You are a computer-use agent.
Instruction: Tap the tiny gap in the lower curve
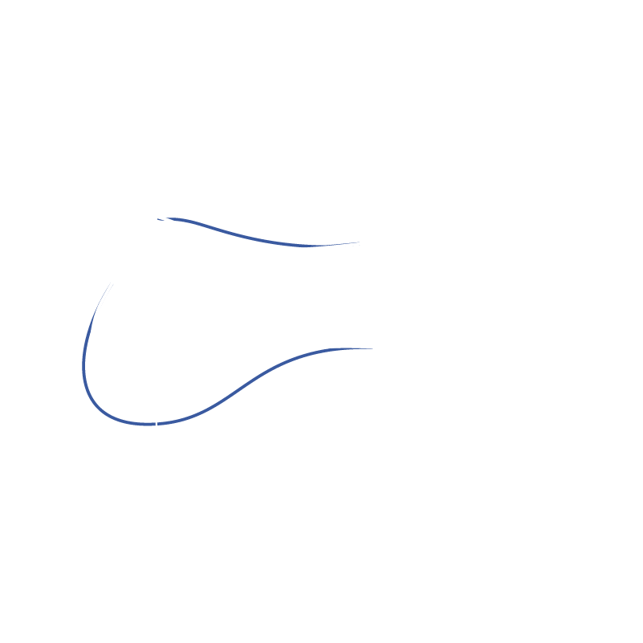click(156, 423)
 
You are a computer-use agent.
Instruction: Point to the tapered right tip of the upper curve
click(357, 242)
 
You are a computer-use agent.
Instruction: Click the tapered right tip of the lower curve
click(371, 348)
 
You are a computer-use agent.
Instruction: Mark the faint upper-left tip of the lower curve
click(112, 283)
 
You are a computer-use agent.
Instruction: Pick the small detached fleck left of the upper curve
click(160, 218)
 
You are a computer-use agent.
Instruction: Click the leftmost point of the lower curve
click(83, 369)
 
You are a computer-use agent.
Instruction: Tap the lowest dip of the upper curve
click(305, 246)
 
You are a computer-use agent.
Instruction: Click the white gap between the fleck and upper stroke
click(165, 218)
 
